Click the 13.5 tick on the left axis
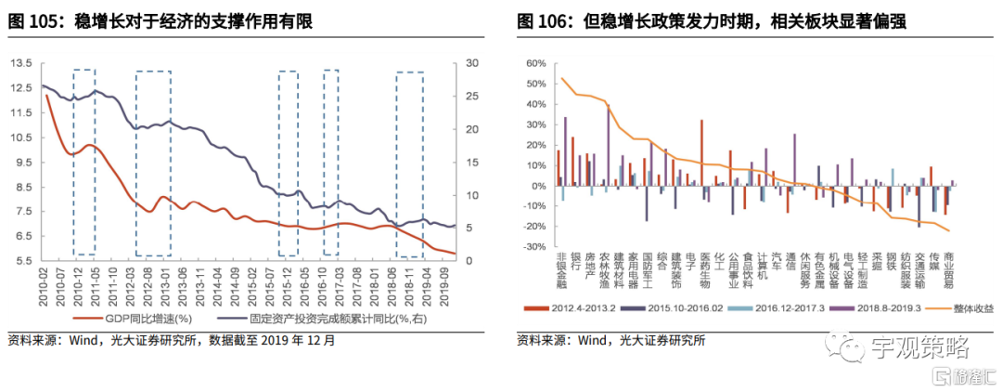19,63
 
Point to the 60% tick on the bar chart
536,63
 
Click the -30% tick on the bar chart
536,247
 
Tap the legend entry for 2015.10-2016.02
679,307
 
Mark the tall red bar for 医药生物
701,152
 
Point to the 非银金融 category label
560,270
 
